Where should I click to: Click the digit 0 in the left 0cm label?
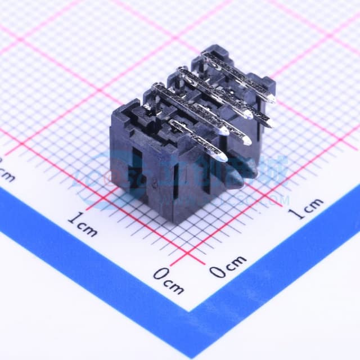[161, 275]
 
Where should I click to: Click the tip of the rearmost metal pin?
[272, 99]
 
